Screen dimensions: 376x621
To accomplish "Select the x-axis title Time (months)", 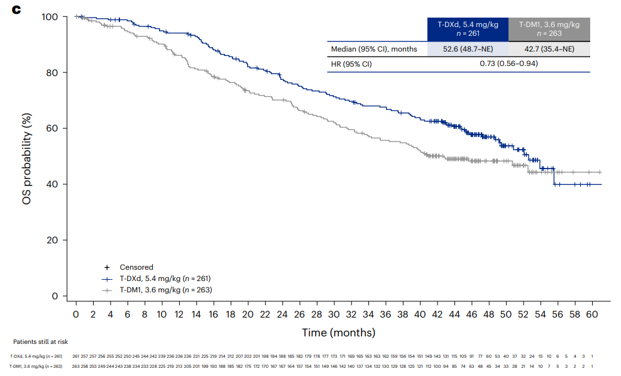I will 339,332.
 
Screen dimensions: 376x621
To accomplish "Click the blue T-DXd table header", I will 467,29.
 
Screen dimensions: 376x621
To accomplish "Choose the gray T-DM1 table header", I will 549,29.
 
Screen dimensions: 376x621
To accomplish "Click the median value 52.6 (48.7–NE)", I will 467,49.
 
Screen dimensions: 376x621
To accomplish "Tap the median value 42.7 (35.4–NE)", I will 549,49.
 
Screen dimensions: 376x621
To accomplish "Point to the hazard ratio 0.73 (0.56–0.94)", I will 508,64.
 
